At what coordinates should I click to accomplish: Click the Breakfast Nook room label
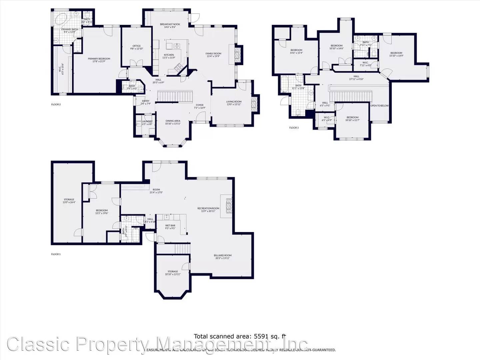tap(170, 24)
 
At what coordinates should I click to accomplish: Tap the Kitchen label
tap(169, 55)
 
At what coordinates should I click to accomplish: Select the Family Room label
tap(213, 54)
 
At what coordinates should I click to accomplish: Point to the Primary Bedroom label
tap(99, 59)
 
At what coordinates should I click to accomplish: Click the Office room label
tap(136, 46)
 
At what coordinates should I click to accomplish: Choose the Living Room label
tap(234, 102)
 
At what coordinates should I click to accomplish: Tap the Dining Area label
tap(173, 121)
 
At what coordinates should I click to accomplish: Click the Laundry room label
tap(147, 122)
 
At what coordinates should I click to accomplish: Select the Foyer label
tap(200, 105)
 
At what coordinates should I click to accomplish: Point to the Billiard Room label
tap(223, 256)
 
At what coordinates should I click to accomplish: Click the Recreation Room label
tap(208, 208)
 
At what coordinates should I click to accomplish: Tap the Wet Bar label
tap(170, 226)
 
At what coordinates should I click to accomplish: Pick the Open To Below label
tap(379, 106)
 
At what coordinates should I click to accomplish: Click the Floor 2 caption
tap(56, 105)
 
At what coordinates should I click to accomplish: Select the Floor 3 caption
tap(294, 128)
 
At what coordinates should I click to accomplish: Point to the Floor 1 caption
tap(56, 254)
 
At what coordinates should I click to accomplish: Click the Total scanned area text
tap(240, 336)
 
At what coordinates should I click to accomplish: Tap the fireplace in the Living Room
tap(255, 104)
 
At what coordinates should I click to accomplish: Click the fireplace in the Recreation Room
tap(229, 206)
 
